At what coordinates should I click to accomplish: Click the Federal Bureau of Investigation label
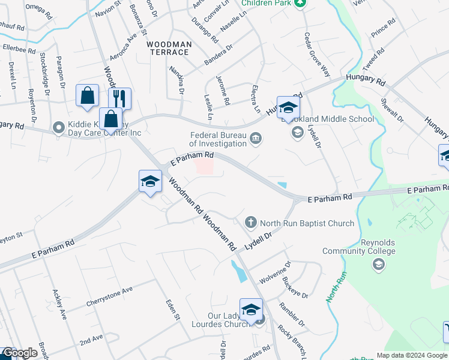tap(218, 139)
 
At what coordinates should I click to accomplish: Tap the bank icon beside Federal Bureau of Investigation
tap(256, 140)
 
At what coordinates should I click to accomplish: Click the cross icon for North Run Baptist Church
tap(252, 223)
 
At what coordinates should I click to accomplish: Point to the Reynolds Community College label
tap(359, 247)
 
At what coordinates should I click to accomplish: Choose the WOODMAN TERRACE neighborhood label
tap(170, 49)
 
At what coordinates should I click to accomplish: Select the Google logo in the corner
tap(20, 353)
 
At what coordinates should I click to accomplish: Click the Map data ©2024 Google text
tap(412, 355)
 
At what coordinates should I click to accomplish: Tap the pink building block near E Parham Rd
tap(204, 168)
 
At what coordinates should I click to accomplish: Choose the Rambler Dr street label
tap(292, 314)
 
